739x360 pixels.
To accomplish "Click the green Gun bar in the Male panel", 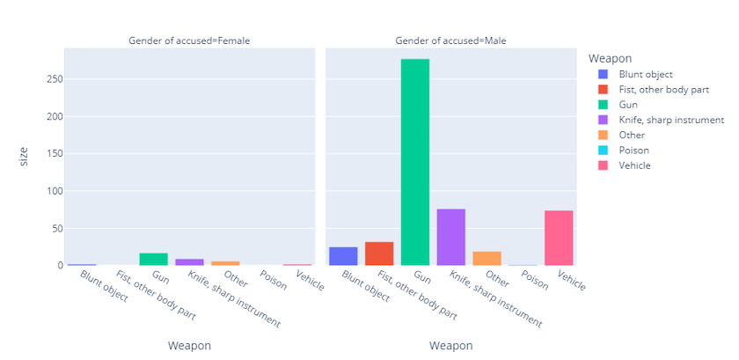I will tap(415, 162).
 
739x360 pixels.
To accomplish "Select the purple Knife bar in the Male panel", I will tap(451, 237).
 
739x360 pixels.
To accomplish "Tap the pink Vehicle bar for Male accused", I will tap(559, 238).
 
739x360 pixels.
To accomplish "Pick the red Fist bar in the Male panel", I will tap(379, 253).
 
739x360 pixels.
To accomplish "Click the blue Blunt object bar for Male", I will tap(343, 256).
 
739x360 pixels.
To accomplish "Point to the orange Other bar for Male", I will tap(487, 259).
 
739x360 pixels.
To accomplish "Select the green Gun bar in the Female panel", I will tap(154, 260).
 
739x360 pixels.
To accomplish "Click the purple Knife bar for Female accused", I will tap(190, 262).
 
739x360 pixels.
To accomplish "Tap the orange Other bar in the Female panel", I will tap(225, 263).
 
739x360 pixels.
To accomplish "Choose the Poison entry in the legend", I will tap(633, 150).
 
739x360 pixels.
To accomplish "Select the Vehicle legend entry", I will tap(634, 165).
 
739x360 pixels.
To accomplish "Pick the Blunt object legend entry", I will tap(646, 74).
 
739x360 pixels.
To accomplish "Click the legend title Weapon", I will tap(611, 58).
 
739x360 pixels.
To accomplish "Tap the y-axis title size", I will tap(25, 157).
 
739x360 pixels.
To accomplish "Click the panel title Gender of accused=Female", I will tap(188, 40).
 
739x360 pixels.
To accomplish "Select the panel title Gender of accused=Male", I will tap(450, 40).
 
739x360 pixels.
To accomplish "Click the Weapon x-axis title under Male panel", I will tap(450, 346).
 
